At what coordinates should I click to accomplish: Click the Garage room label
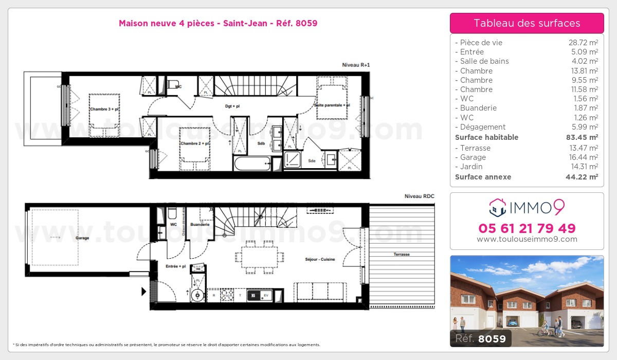pos(82,238)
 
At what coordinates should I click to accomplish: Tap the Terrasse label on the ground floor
pos(402,255)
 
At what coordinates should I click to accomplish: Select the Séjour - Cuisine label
pos(320,259)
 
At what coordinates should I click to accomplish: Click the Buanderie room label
pos(199,225)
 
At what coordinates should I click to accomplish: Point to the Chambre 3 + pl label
pos(104,109)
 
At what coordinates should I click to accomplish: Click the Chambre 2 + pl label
pos(194,143)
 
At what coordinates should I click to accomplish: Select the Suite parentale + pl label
pos(332,105)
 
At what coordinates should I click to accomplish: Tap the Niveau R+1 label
pos(356,65)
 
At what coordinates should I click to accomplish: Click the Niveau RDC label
pos(419,196)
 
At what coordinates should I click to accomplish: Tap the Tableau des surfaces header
pos(527,23)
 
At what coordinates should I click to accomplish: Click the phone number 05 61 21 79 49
pos(527,228)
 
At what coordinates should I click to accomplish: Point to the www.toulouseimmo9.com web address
pos(527,239)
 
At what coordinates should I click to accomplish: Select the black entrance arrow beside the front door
pos(143,292)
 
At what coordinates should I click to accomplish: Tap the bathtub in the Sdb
pos(251,165)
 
